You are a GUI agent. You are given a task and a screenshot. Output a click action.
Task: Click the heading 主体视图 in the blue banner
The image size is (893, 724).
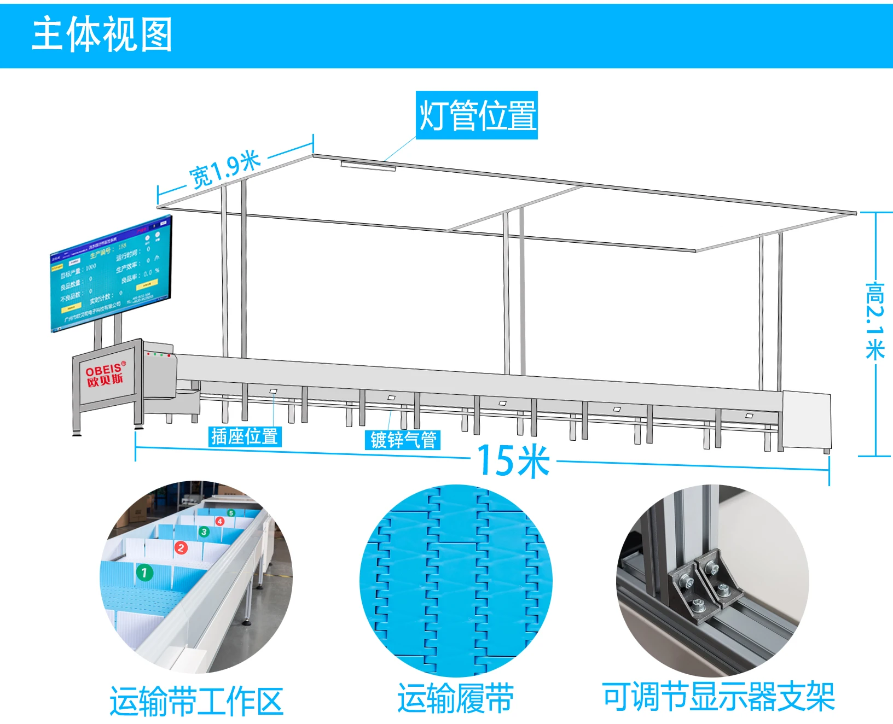(x=102, y=34)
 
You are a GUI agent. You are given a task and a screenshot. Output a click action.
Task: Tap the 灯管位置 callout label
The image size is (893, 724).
(x=477, y=115)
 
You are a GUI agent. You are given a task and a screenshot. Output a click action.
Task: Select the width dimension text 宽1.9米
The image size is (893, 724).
(x=225, y=170)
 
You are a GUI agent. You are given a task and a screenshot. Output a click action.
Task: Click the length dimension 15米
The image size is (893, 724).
(x=513, y=461)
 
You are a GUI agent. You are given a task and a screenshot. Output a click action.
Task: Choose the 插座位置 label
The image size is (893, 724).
(x=245, y=436)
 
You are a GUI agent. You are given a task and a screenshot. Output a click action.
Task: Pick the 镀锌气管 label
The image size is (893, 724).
(x=403, y=440)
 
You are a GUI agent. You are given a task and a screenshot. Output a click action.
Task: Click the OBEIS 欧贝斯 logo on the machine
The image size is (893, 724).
(x=105, y=375)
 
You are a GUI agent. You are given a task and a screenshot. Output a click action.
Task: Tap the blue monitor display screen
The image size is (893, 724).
(x=111, y=273)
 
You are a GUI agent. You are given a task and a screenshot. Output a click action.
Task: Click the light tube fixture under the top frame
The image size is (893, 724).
(x=368, y=166)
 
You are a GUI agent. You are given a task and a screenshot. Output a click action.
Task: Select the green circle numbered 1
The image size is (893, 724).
(x=144, y=573)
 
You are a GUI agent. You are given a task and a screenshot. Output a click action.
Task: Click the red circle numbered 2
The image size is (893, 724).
(x=181, y=547)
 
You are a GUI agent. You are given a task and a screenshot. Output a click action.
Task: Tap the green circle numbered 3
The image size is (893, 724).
(x=204, y=532)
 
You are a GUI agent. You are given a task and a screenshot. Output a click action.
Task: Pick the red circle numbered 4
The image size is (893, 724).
(x=220, y=521)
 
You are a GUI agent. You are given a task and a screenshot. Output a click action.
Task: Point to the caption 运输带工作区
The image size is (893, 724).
(x=196, y=702)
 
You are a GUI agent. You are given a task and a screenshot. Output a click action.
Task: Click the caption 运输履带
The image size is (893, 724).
(x=455, y=698)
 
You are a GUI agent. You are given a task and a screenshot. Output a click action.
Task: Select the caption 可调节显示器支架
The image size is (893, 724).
(x=718, y=697)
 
